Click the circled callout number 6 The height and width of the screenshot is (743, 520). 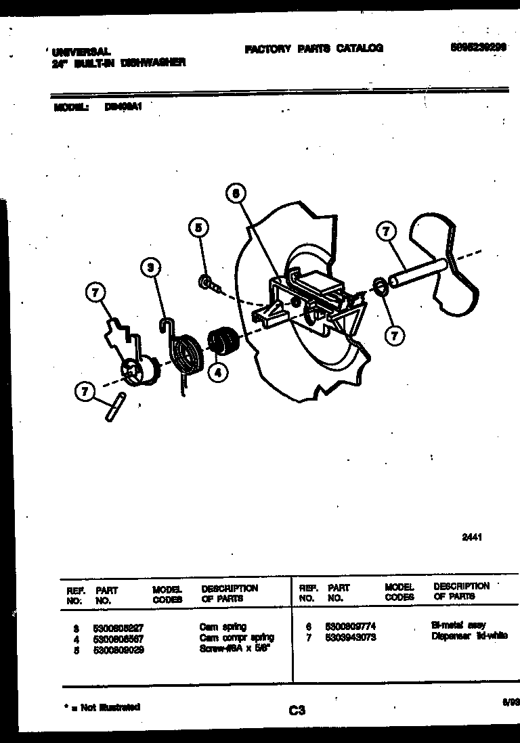pos(235,194)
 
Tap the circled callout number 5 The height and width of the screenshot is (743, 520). pos(198,227)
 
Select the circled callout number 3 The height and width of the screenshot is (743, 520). pos(152,269)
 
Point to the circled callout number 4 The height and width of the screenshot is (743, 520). pos(217,371)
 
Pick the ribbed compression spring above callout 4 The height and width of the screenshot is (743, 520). pos(221,340)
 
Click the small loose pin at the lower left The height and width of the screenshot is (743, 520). pos(114,408)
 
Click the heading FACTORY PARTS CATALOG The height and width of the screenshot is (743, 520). pos(313,48)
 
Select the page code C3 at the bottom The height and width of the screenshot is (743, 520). pos(297,710)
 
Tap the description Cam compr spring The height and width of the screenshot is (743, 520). pos(237,638)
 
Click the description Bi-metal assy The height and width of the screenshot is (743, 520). pos(458,625)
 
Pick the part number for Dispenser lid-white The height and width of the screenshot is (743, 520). pos(350,637)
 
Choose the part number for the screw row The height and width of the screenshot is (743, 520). pos(118,650)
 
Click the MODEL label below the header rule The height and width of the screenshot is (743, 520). pos(71,106)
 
